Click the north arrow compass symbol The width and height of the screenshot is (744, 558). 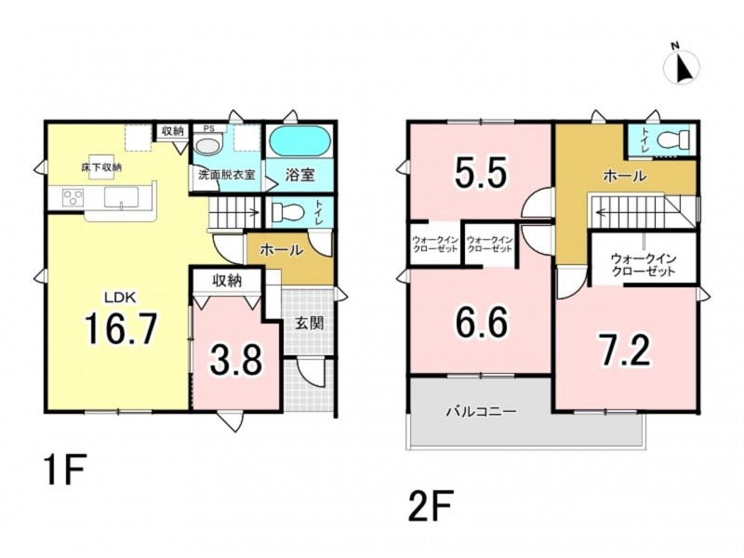point(682,66)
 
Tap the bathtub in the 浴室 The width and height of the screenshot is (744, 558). point(299,140)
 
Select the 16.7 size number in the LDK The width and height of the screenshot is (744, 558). point(121,329)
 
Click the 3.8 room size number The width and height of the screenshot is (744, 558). point(236,360)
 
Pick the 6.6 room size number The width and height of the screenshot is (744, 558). point(481,322)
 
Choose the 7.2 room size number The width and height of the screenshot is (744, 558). point(624,351)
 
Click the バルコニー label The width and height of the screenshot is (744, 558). point(481,411)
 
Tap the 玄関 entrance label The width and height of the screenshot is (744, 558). point(310,323)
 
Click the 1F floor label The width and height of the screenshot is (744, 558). point(65,470)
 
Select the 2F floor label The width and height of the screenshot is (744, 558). point(431,506)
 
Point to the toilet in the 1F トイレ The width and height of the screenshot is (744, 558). point(288,212)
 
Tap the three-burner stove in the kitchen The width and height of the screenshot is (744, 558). point(73,197)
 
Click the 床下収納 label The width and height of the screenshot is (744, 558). point(101,167)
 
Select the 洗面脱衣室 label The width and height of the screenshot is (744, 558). point(227,175)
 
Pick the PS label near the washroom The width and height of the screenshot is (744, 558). point(208,128)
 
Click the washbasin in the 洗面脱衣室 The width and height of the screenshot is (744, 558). point(207,145)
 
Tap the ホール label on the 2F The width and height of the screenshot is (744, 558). point(624,176)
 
